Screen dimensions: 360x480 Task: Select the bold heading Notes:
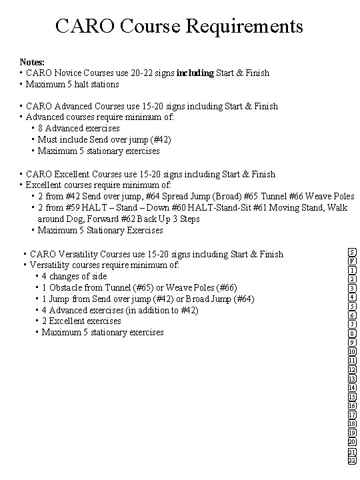(33, 61)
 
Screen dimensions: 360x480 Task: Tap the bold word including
(195, 73)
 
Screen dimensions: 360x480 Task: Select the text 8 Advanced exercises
(79, 128)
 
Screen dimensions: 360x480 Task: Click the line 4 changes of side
(74, 276)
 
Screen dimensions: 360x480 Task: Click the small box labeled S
(351, 253)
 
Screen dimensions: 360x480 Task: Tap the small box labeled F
(351, 261)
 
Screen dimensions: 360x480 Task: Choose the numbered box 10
(351, 351)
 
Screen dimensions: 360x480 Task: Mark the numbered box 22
(351, 461)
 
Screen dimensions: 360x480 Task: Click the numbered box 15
(351, 397)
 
